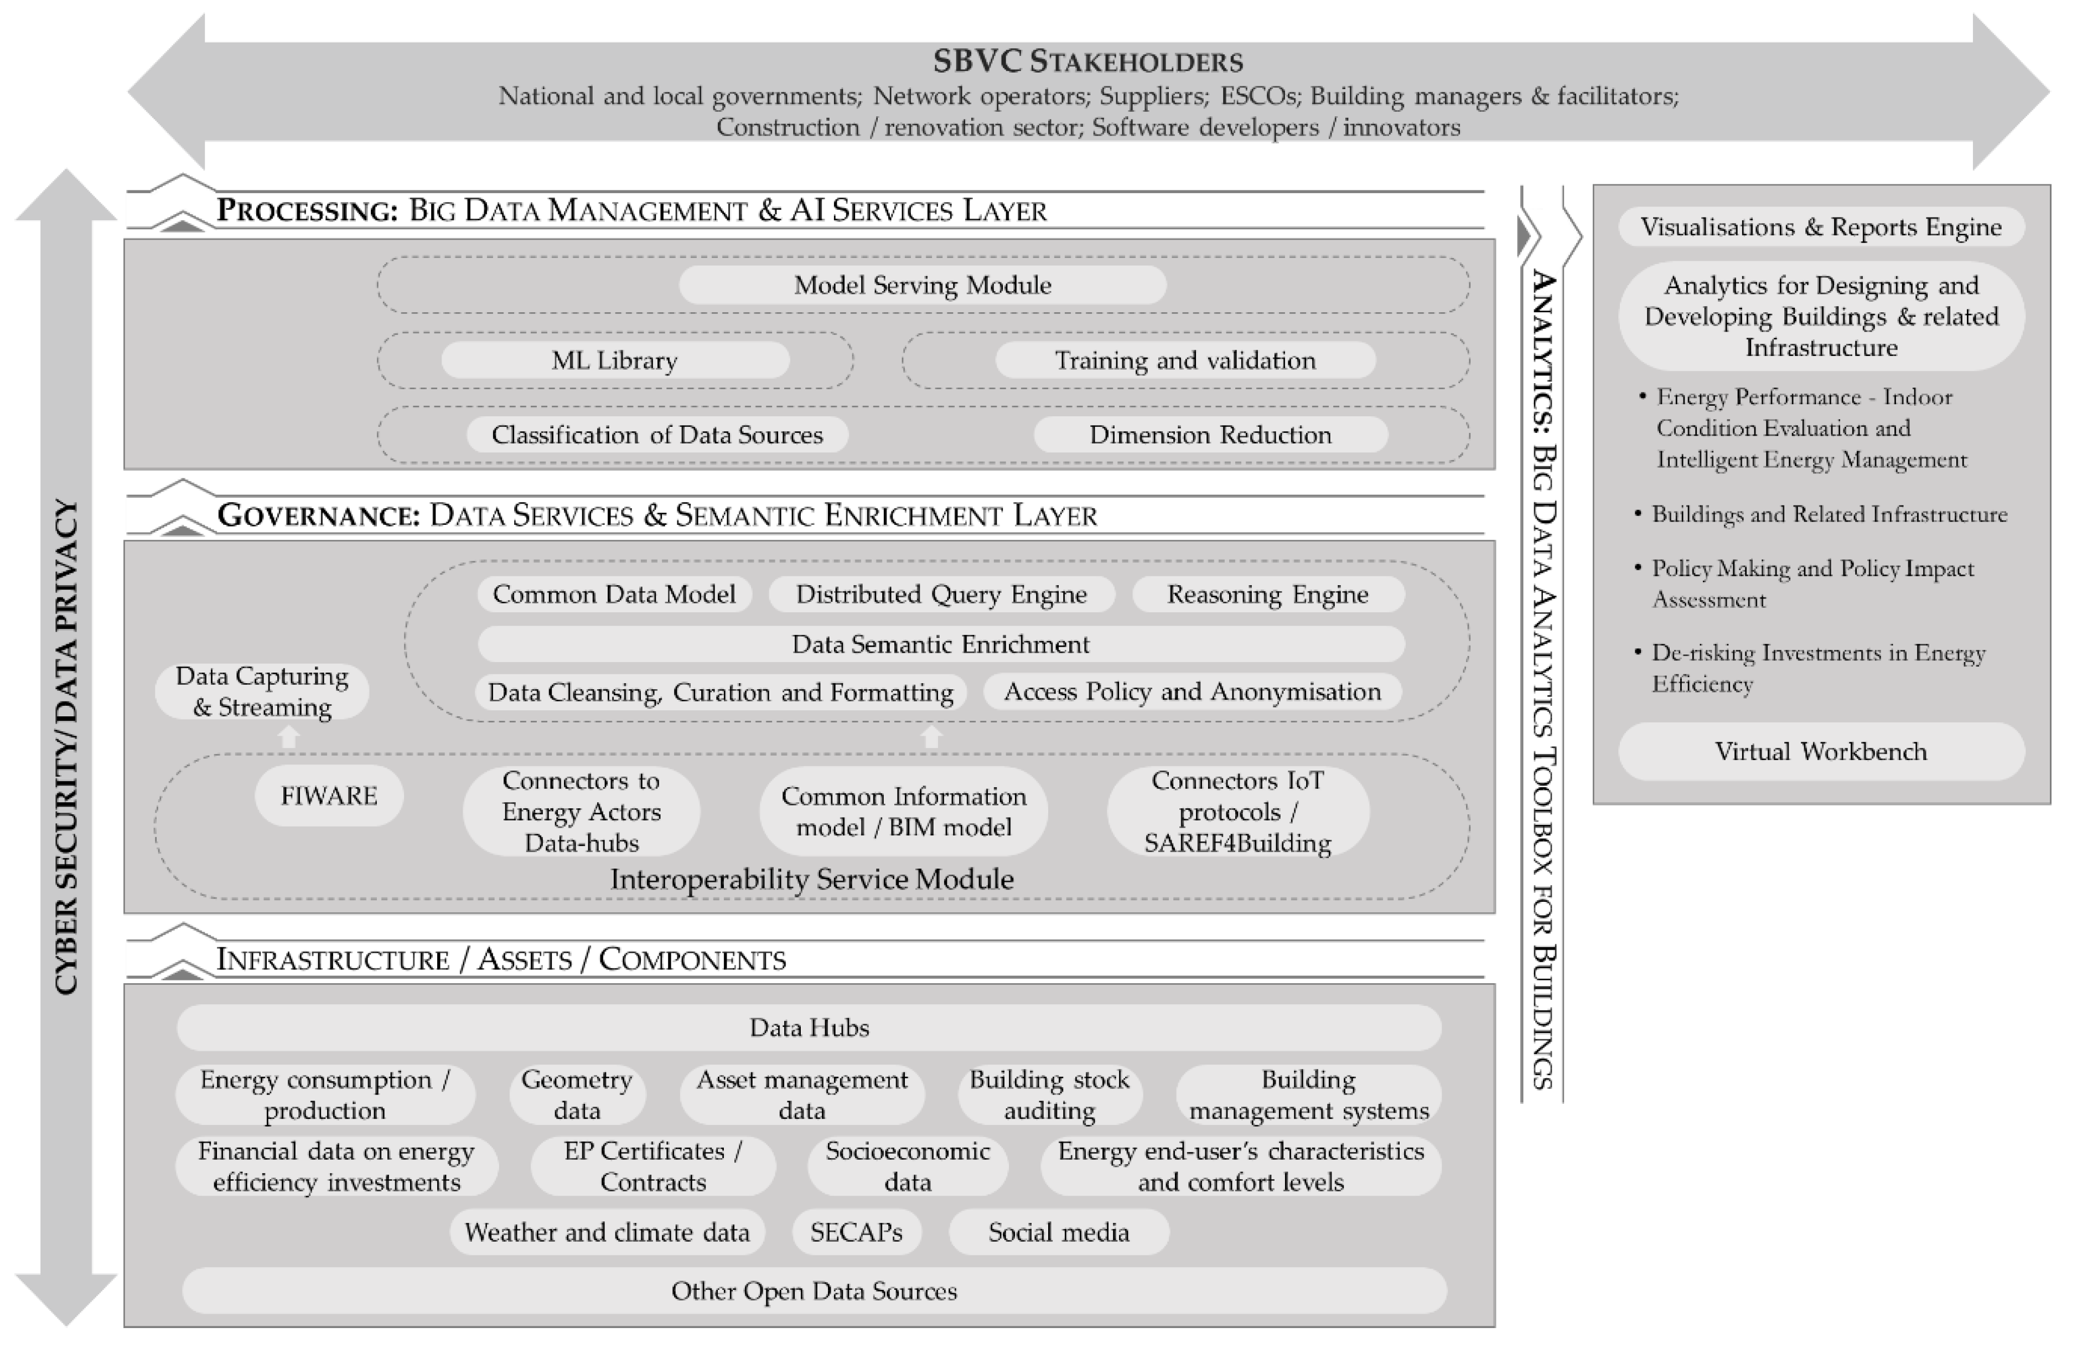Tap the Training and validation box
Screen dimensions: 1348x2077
(1185, 360)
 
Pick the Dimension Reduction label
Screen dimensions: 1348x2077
(1210, 435)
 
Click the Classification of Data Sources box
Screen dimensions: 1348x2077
(657, 435)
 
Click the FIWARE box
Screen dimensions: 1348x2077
(329, 796)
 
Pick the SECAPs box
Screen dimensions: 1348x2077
(856, 1232)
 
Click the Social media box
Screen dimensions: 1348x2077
(1059, 1232)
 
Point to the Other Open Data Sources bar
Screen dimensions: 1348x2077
(814, 1290)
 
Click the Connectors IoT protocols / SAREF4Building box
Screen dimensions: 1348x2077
(1237, 811)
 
